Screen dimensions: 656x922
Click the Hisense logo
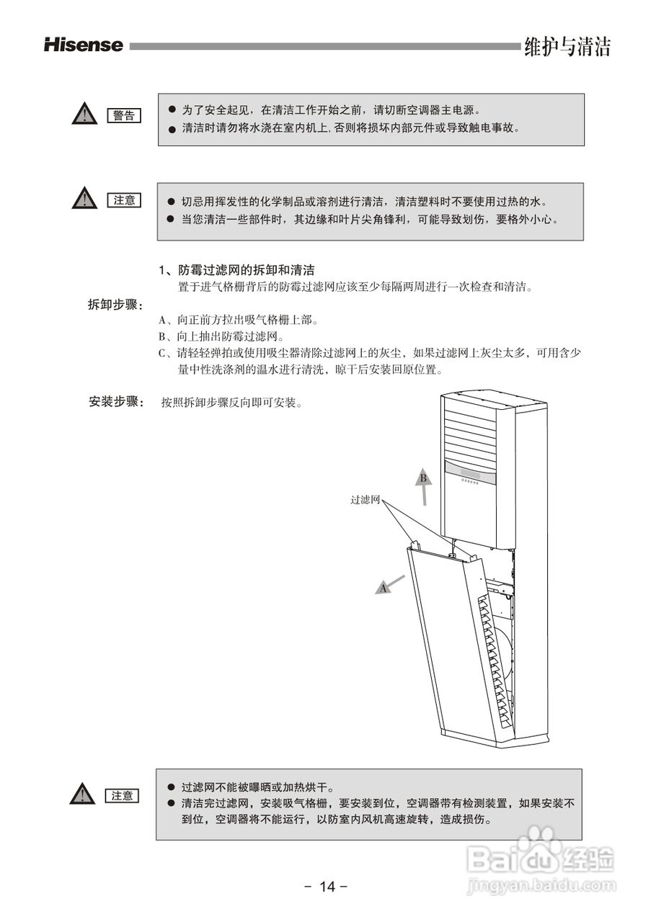coord(84,45)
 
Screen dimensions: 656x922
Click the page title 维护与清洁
coord(567,47)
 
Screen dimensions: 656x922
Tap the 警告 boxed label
coord(124,115)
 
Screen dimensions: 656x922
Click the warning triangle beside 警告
coord(84,114)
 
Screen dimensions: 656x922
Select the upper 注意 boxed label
coord(124,200)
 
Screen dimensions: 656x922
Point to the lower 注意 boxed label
coord(123,795)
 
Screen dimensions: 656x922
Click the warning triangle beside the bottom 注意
coord(84,794)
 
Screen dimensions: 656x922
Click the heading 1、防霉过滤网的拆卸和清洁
coord(236,271)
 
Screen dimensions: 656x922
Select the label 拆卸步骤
coord(115,305)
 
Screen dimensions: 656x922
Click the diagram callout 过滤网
coord(365,499)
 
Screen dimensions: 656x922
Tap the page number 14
coord(327,887)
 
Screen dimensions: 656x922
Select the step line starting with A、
coord(239,320)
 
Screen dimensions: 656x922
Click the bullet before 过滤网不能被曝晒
coord(172,788)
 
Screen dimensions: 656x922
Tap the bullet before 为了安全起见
coord(172,109)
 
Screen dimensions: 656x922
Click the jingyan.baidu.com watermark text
coord(541,884)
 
